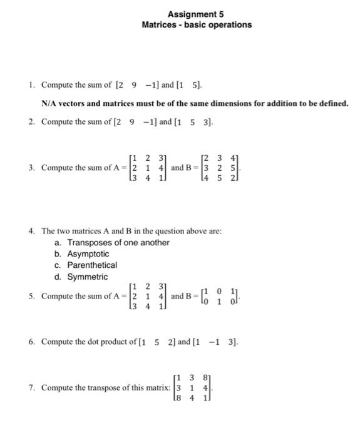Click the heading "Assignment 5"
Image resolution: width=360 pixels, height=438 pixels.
[196, 14]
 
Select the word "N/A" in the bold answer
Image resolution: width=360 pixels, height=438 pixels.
[49, 103]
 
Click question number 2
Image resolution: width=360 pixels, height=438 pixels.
[31, 121]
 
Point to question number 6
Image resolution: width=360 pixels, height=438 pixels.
[31, 342]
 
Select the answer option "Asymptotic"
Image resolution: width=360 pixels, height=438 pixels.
[88, 254]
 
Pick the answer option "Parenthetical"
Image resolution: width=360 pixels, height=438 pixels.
[92, 265]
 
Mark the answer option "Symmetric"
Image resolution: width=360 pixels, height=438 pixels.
[88, 277]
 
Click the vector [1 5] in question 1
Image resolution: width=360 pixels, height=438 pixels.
[188, 85]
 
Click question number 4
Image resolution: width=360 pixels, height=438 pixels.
[31, 231]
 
